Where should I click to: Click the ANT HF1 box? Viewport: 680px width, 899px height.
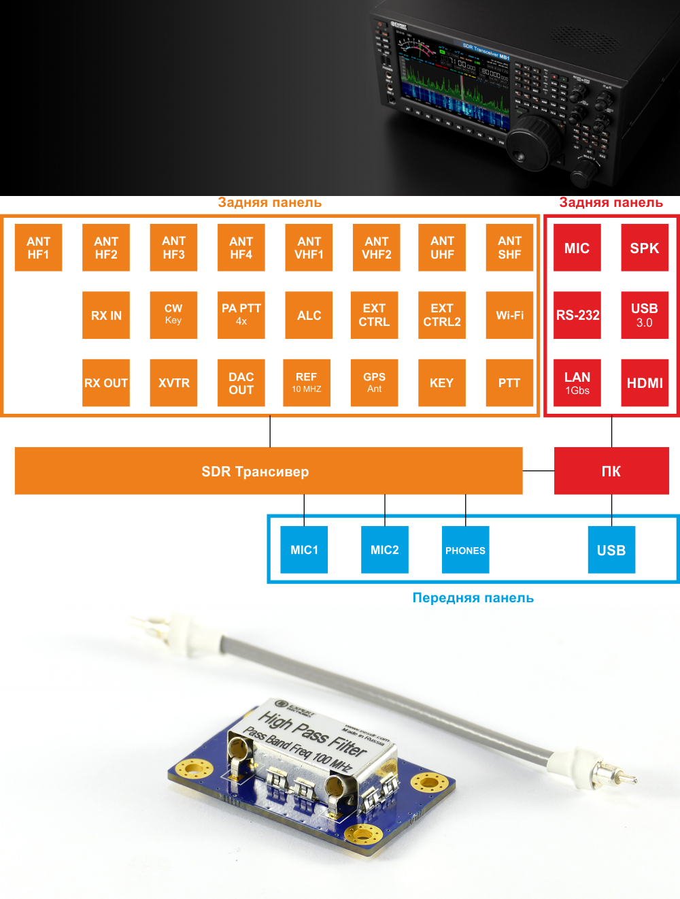pos(38,248)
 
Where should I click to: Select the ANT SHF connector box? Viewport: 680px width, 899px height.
pos(509,248)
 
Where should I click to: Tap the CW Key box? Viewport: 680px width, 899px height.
pos(173,315)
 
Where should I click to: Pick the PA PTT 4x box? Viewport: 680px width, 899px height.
pos(241,315)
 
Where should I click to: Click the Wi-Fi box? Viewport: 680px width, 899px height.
pos(509,315)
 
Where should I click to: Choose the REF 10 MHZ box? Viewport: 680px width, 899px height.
pos(307,382)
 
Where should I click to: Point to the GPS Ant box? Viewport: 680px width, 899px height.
pos(374,382)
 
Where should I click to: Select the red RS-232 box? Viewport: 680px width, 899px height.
pos(577,315)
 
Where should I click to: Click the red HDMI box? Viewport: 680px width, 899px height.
pos(645,382)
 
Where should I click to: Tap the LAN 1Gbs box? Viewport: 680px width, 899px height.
pos(577,382)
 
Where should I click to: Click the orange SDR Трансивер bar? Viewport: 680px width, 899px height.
pos(269,471)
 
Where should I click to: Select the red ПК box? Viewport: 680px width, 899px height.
pos(611,471)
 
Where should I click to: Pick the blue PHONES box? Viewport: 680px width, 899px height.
pos(465,550)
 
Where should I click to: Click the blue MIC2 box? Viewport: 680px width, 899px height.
pos(385,550)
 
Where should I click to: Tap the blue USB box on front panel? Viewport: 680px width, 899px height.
pos(611,550)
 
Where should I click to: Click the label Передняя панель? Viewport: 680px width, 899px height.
pos(473,598)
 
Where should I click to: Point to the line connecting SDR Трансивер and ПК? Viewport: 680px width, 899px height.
pos(539,470)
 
